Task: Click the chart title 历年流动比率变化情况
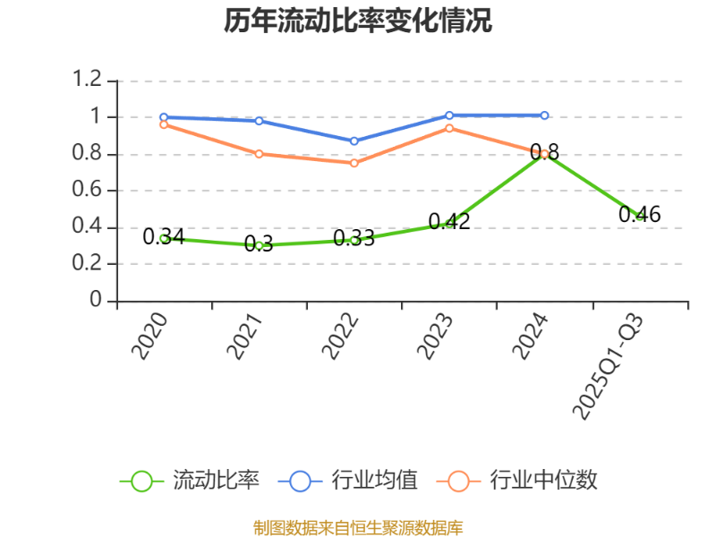click(358, 21)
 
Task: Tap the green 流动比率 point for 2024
click(542, 155)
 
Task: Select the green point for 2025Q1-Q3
click(639, 217)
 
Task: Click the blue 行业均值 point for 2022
click(354, 141)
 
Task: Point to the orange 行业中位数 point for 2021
click(259, 154)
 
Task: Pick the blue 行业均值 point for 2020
click(164, 117)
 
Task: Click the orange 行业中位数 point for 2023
click(449, 128)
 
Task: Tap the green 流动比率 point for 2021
click(259, 245)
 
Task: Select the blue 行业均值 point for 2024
click(544, 115)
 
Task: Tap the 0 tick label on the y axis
click(97, 302)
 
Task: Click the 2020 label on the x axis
click(150, 337)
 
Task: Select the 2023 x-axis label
click(436, 337)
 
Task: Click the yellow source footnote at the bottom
click(358, 527)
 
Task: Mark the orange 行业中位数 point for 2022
click(354, 163)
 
